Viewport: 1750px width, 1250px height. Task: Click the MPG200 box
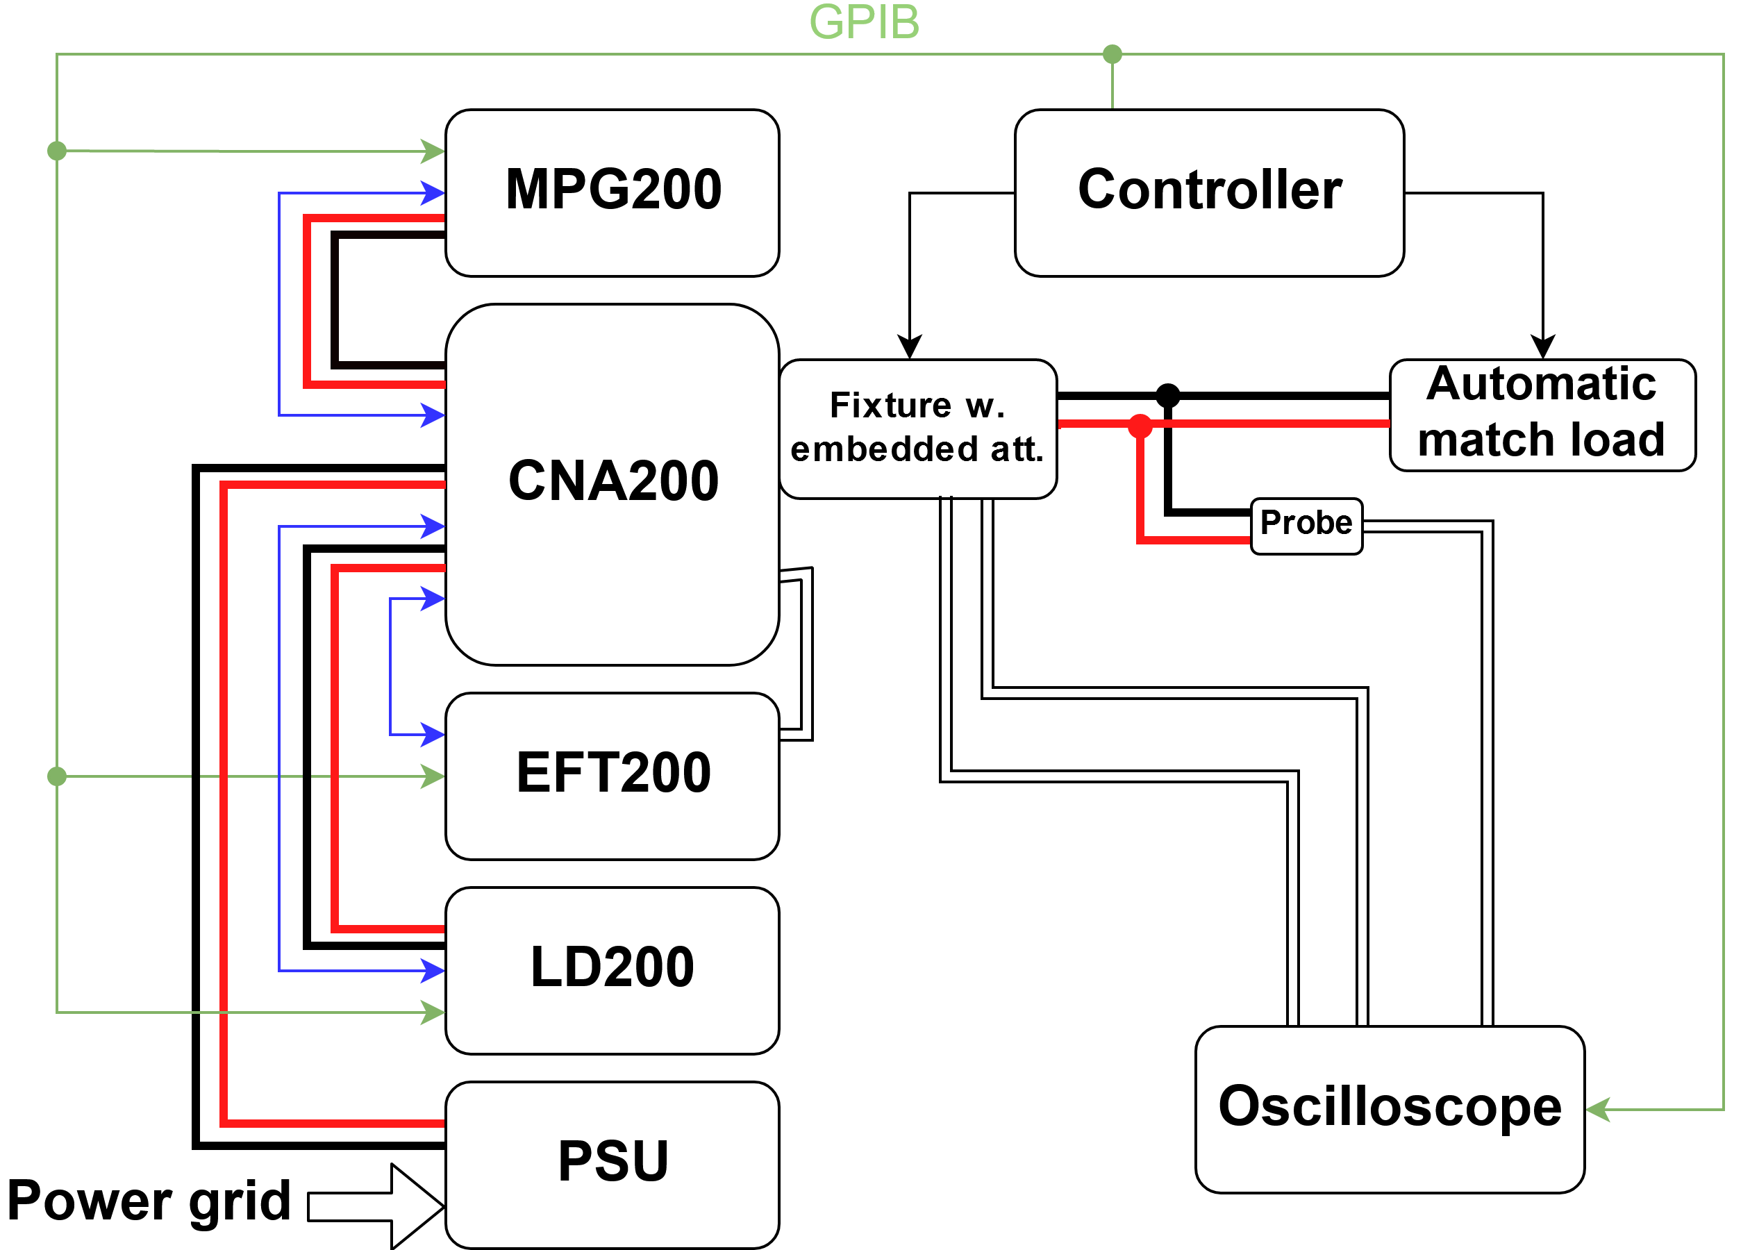[612, 192]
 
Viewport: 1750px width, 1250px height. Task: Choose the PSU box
[612, 1163]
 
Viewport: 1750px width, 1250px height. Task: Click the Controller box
[1208, 192]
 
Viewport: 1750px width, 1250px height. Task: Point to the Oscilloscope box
[1389, 1108]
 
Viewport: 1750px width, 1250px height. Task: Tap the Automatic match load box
[1542, 415]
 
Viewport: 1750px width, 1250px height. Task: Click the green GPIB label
[864, 22]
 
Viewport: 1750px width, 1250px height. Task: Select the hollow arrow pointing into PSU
[377, 1206]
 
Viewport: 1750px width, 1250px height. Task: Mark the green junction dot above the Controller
[1112, 54]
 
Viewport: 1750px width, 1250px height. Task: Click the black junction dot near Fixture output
[1167, 396]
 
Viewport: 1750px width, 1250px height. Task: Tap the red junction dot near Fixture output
[1140, 426]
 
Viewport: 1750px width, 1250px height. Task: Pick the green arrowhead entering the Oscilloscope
[1599, 1109]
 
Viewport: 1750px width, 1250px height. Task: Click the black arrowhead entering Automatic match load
[1542, 347]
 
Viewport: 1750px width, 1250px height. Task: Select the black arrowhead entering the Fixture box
[910, 347]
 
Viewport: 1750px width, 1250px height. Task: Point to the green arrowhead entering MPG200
[433, 151]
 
